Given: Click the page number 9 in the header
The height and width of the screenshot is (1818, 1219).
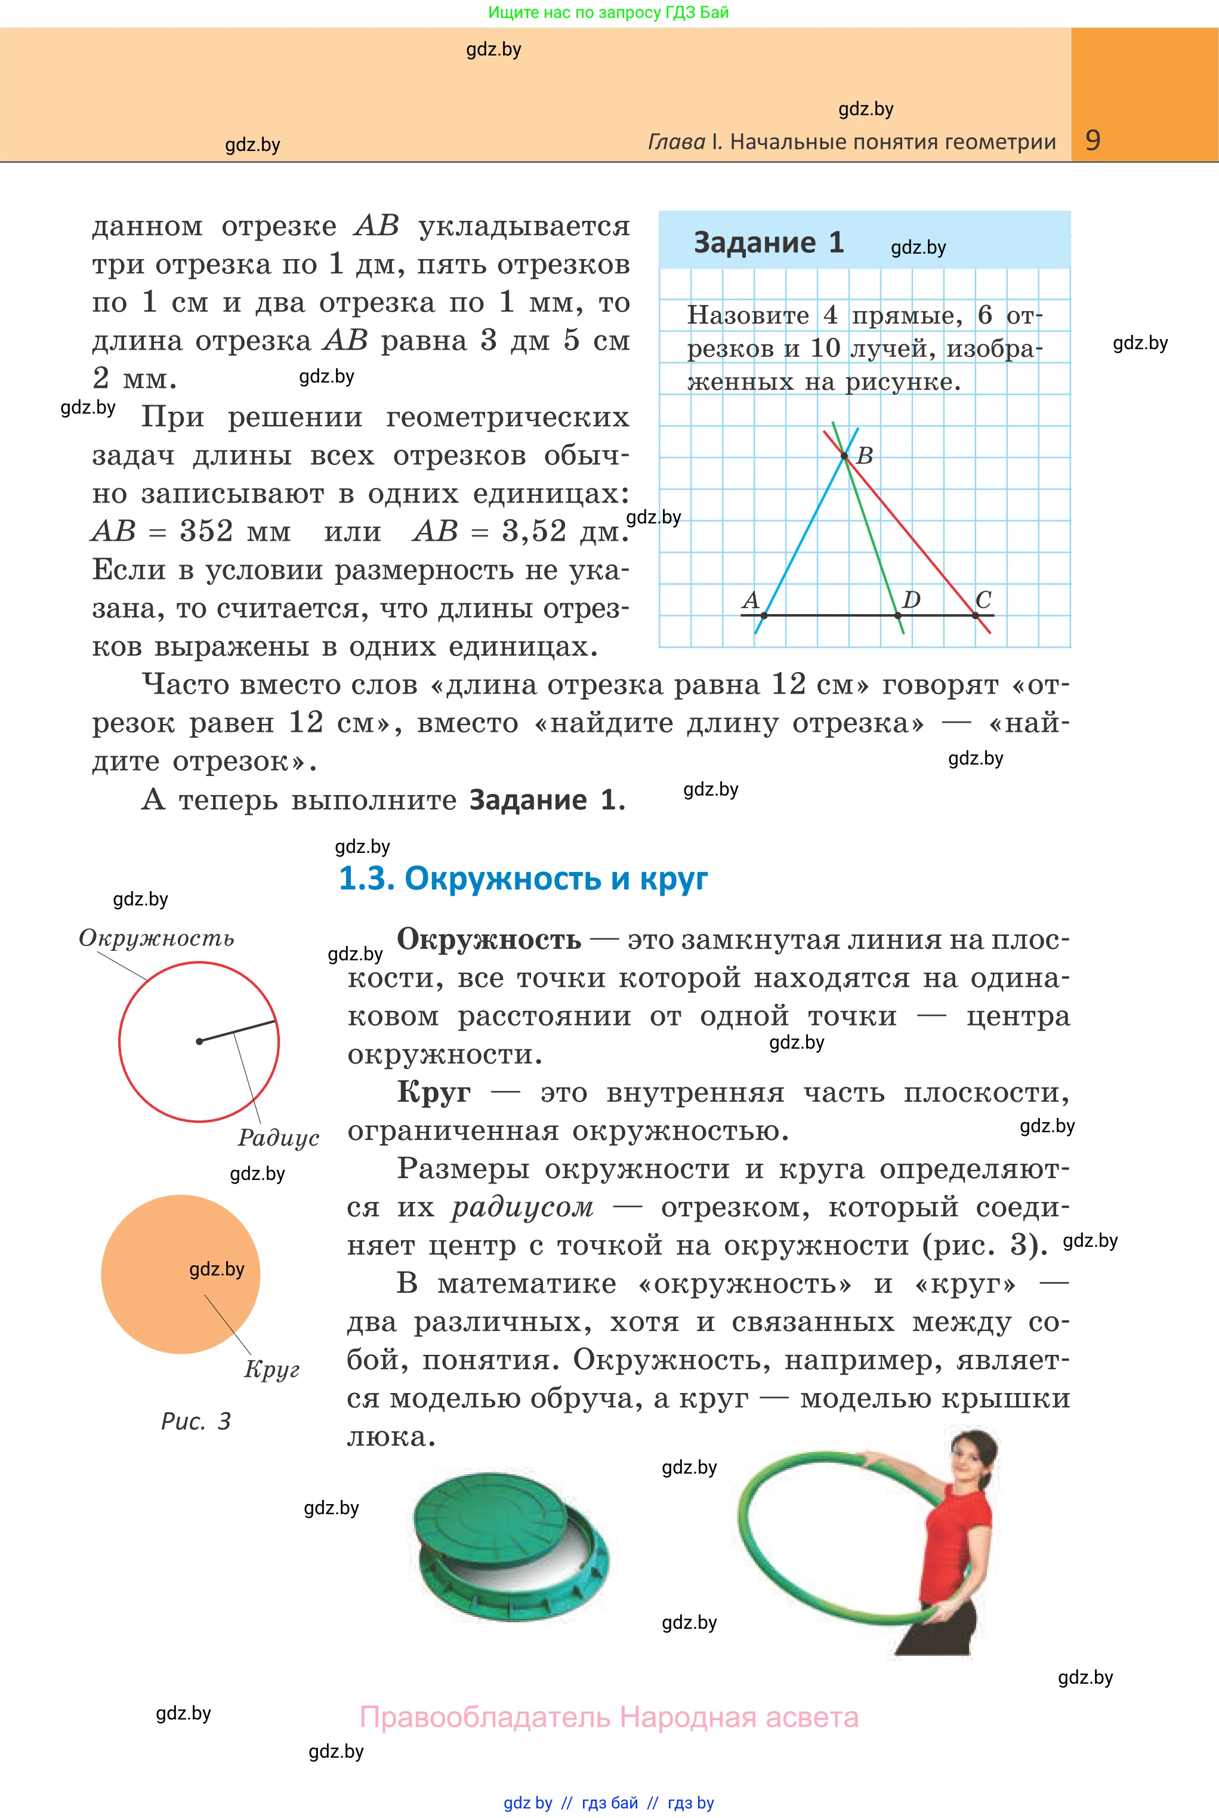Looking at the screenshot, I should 1093,140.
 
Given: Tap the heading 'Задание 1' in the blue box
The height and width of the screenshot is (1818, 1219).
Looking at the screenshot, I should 768,242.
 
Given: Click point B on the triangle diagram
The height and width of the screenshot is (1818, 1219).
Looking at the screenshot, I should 844,455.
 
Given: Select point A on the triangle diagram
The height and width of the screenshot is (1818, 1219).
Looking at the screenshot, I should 763,615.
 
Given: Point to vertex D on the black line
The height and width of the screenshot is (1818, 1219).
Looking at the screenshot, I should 898,615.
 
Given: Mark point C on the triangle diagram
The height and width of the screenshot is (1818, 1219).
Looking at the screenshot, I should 976,615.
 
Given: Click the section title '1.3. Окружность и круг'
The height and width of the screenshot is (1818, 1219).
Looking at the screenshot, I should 523,878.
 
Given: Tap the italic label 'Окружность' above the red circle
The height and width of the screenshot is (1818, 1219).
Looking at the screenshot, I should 156,938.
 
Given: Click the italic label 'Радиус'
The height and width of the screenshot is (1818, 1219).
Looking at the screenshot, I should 278,1137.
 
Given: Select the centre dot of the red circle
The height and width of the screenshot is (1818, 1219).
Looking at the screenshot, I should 199,1041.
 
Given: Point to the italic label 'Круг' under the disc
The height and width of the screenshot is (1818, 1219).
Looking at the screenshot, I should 271,1369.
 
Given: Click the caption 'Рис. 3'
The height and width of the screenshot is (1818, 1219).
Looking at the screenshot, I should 196,1422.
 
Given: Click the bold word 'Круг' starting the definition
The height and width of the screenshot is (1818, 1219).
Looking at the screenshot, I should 433,1092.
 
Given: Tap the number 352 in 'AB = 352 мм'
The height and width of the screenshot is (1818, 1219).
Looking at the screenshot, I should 206,531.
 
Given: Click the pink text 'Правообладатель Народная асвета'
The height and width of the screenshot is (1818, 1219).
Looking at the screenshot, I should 609,1717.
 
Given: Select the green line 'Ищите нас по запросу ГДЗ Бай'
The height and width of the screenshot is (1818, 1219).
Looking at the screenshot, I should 608,13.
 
